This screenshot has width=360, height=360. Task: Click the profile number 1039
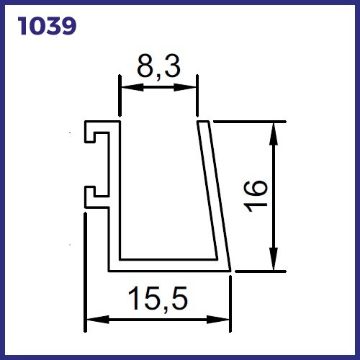pyautogui.click(x=47, y=26)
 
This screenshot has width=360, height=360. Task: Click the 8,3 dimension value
pyautogui.click(x=158, y=67)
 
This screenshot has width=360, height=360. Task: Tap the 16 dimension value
pyautogui.click(x=255, y=197)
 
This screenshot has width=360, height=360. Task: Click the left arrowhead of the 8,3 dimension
pyautogui.click(x=132, y=87)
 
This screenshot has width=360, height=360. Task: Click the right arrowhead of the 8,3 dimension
pyautogui.click(x=185, y=87)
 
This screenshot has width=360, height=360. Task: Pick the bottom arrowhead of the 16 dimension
pyautogui.click(x=274, y=258)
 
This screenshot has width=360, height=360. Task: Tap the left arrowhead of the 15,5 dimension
pyautogui.click(x=98, y=320)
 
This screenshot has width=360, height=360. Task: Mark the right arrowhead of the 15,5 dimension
pyautogui.click(x=218, y=320)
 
